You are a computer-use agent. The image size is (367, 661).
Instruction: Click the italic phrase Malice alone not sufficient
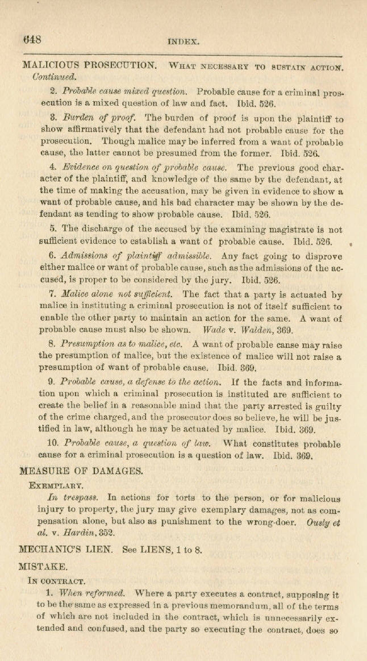113,295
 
